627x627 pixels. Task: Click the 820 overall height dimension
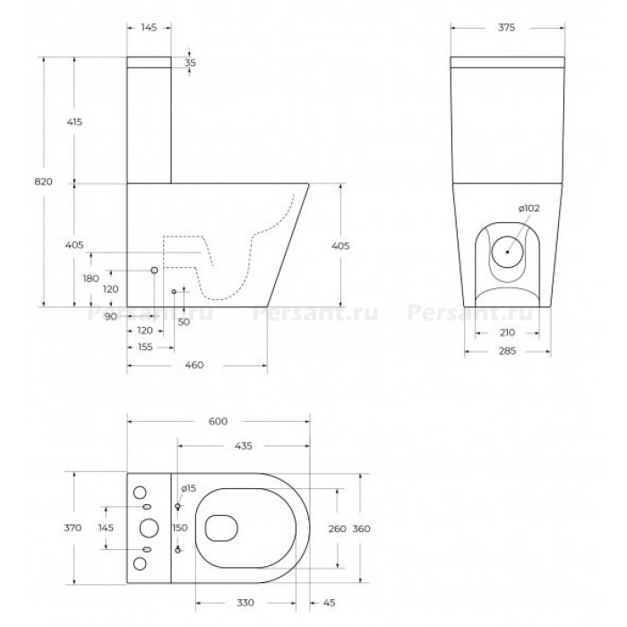(43, 182)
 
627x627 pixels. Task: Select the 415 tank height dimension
(74, 122)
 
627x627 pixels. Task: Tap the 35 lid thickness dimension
(191, 64)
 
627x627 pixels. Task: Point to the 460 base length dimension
(194, 365)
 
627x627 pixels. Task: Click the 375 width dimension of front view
(506, 28)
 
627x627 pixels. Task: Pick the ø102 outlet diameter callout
(529, 209)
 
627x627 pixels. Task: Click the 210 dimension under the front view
(507, 332)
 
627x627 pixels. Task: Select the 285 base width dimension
(507, 351)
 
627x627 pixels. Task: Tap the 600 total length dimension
(218, 422)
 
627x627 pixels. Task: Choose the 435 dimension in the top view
(243, 446)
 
